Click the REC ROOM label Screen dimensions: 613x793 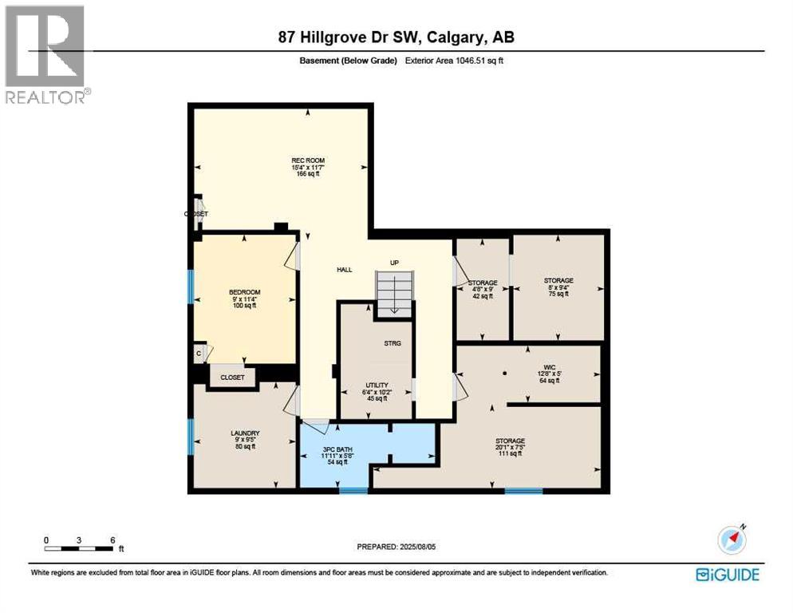[307, 160]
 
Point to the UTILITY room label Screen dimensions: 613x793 [376, 386]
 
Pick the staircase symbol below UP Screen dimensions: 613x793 [395, 293]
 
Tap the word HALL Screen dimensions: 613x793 [344, 270]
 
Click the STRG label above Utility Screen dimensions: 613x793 [392, 343]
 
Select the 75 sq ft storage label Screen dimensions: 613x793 [558, 281]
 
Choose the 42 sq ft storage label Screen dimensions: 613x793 [482, 283]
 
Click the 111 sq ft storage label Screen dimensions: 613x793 [510, 441]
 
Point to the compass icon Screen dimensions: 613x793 [732, 540]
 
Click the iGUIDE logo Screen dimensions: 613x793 [727, 574]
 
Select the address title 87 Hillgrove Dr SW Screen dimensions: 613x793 [396, 37]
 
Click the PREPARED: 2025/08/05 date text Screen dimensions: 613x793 [396, 547]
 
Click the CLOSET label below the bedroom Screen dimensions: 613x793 [232, 378]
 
